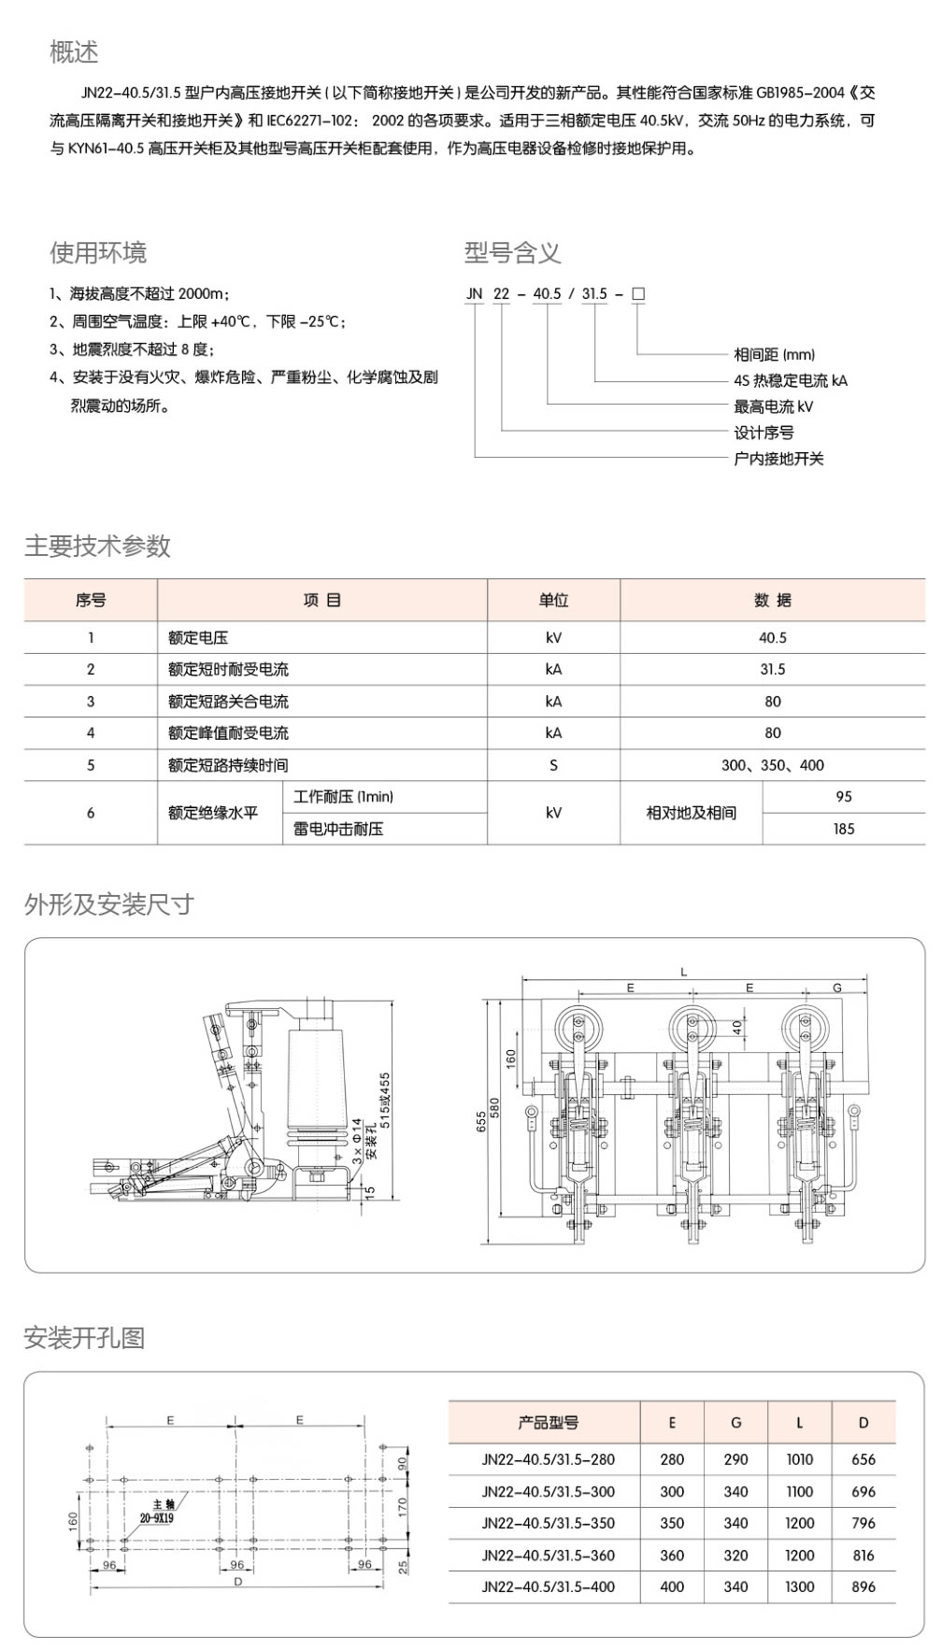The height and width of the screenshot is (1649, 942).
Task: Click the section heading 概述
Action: point(74,52)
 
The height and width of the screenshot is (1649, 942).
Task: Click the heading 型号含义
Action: point(512,252)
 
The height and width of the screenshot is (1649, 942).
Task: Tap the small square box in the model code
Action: point(638,293)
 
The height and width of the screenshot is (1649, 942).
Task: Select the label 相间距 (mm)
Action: point(774,354)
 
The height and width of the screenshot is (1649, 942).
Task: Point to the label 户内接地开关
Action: point(778,459)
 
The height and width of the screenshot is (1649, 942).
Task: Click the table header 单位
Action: point(553,600)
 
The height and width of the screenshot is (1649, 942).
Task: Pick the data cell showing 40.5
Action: point(772,637)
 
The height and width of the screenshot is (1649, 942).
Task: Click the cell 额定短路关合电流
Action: point(228,701)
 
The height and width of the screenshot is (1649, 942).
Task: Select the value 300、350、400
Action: point(772,764)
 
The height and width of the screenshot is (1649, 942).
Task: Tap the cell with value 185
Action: point(843,829)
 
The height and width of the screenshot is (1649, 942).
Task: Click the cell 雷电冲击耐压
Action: point(338,829)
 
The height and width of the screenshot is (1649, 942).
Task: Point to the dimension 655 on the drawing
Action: point(481,1121)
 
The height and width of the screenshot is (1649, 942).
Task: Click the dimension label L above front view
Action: point(684,973)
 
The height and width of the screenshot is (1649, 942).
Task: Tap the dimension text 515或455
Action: point(385,1101)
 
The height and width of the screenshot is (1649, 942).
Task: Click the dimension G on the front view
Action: point(836,988)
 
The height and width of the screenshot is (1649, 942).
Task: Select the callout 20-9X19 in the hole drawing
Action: point(157,1518)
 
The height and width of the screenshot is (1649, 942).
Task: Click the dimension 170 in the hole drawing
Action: point(403,1505)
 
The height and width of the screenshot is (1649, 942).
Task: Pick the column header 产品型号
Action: point(549,1423)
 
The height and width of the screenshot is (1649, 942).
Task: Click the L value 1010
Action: point(799,1459)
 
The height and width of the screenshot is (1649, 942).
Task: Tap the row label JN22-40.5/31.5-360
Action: point(549,1555)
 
